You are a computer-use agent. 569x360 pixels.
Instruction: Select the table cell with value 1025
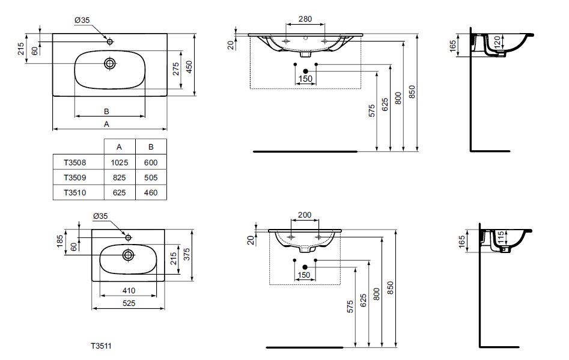[119, 162]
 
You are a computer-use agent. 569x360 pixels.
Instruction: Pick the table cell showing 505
[151, 178]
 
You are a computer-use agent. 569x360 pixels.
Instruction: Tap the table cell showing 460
[151, 193]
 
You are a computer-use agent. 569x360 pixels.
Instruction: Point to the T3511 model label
[101, 346]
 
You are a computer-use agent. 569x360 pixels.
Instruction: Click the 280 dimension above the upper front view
[305, 19]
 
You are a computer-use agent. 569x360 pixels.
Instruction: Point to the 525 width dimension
[128, 304]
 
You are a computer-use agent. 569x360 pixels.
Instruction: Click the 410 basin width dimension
[128, 291]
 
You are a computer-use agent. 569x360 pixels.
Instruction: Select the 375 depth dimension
[187, 255]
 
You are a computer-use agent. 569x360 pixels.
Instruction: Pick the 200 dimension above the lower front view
[305, 215]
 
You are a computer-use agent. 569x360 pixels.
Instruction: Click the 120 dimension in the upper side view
[497, 42]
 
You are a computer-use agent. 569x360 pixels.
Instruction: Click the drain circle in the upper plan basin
[110, 63]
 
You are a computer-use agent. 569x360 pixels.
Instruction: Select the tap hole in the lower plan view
[127, 237]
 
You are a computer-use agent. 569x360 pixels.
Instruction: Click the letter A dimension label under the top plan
[106, 124]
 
